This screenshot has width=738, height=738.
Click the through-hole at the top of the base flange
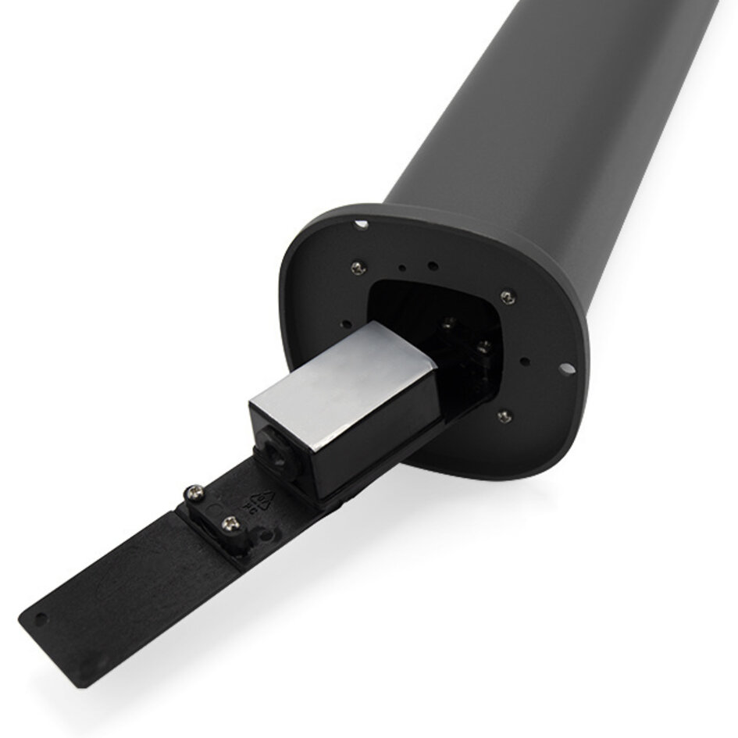(x=360, y=225)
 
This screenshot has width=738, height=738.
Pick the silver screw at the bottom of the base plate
(x=504, y=415)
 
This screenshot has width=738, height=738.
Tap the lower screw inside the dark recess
(x=483, y=345)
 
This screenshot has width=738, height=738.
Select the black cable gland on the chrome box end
(x=275, y=453)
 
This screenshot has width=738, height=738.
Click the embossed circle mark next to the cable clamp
(x=269, y=539)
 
